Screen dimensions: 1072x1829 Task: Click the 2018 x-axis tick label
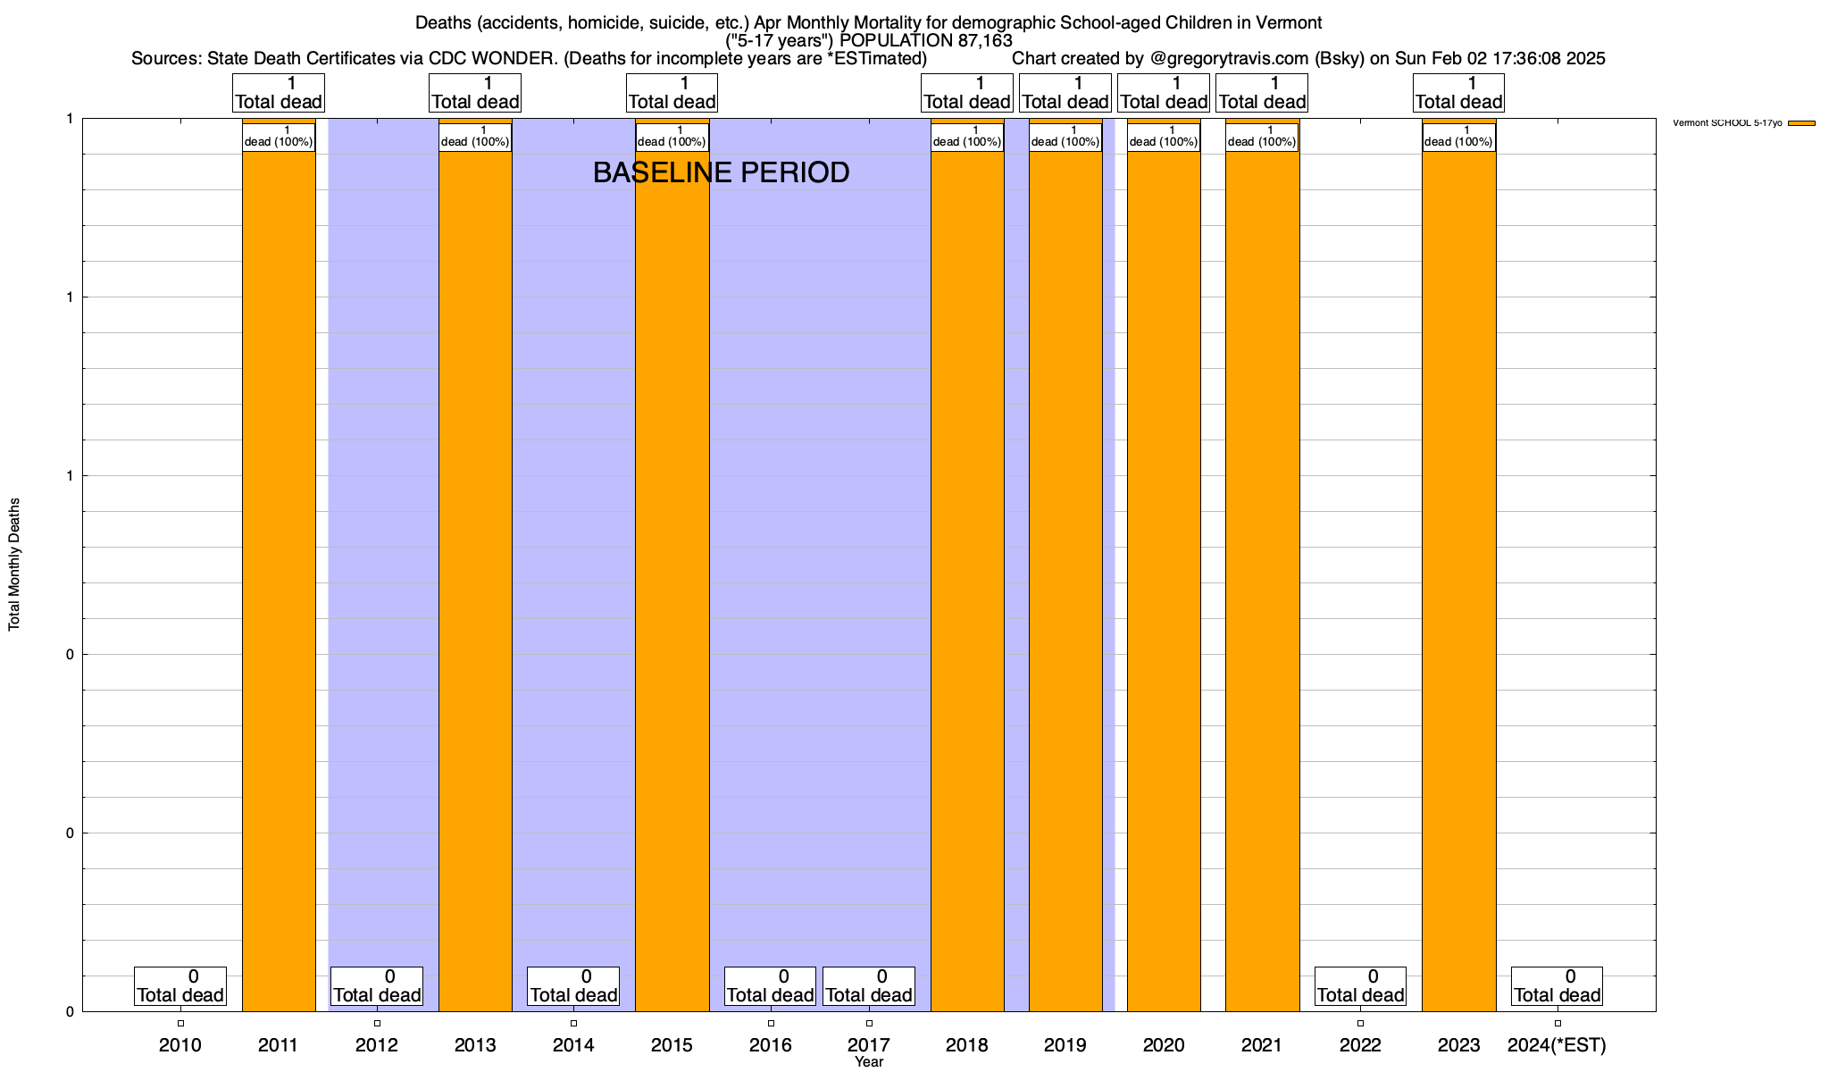pos(967,1045)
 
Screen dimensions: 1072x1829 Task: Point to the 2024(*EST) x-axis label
pos(1557,1045)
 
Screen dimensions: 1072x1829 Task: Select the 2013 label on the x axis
pos(475,1045)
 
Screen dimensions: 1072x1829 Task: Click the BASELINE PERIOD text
pos(721,173)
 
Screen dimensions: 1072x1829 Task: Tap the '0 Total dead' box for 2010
pos(180,986)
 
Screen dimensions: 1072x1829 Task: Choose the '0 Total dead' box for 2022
pos(1360,986)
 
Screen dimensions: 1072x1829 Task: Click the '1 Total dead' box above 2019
pos(1065,93)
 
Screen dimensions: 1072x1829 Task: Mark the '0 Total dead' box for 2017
pos(869,986)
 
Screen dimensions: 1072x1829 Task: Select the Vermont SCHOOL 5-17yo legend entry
pos(1742,123)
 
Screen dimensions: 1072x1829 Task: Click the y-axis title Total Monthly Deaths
pos(14,565)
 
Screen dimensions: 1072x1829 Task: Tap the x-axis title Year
pos(868,1062)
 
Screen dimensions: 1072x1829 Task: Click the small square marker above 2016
pos(771,1024)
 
